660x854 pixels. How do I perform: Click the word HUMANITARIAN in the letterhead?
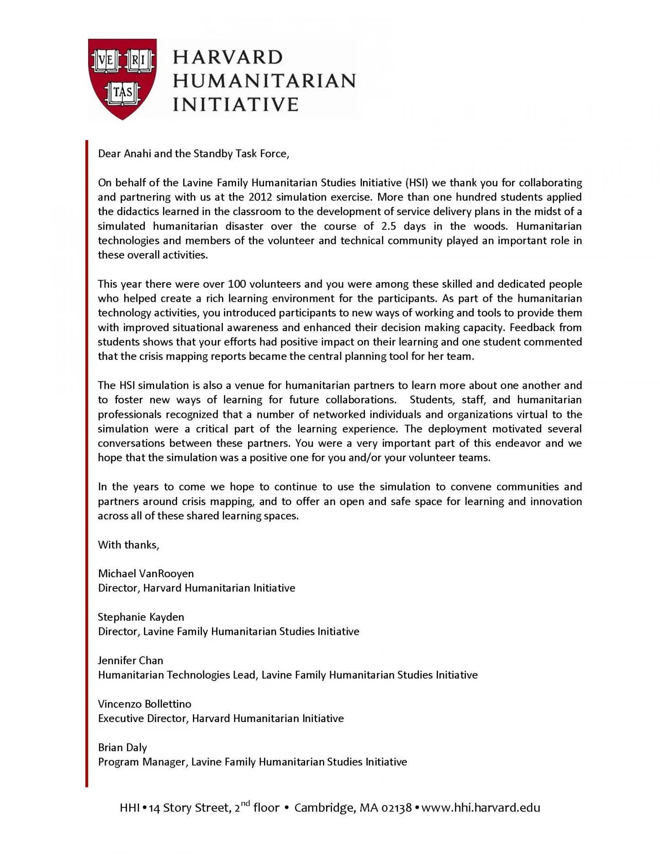point(264,80)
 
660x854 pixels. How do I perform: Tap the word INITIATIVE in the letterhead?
point(235,104)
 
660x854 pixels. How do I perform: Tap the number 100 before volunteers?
point(237,284)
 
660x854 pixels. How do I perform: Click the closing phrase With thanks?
point(128,544)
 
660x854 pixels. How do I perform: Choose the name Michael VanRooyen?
point(146,574)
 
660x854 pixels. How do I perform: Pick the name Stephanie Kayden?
point(141,617)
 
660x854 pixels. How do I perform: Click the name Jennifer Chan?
point(130,660)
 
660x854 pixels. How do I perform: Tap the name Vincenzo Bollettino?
point(144,704)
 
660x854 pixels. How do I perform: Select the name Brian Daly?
point(122,747)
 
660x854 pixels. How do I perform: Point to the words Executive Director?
point(143,718)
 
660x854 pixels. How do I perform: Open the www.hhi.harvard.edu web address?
point(480,807)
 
